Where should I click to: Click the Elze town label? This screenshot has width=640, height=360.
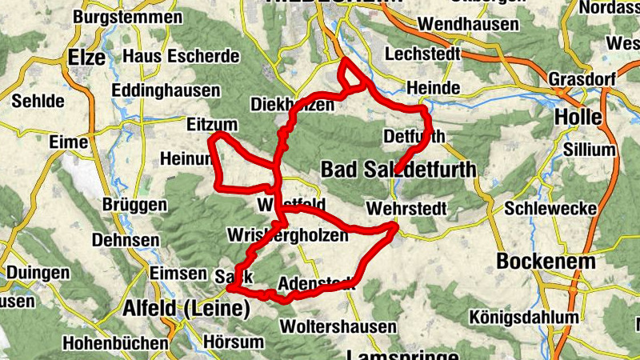pos(87,58)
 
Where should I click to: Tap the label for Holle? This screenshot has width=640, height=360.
pos(578,117)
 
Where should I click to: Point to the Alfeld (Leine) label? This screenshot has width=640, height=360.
pos(186,309)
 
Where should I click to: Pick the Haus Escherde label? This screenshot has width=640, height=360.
pos(181,57)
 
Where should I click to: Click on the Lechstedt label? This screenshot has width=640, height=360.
pos(423,54)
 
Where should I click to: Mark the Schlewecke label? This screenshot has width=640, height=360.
pos(550,209)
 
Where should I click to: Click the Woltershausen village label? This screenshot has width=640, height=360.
pos(338,326)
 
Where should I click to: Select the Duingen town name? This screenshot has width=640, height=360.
pos(37,273)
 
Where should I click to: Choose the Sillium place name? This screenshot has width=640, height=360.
pos(590,150)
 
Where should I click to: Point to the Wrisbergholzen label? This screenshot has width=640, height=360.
pos(288,235)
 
